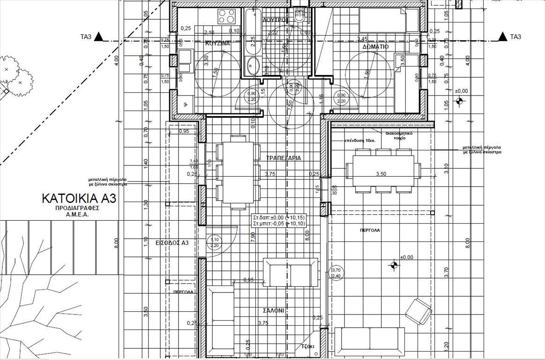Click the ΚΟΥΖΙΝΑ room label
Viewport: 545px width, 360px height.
[218, 43]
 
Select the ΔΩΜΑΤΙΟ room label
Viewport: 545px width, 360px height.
[375, 47]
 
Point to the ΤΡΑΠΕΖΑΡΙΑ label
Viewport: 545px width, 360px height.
[284, 158]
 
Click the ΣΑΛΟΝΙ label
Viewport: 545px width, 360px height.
[273, 310]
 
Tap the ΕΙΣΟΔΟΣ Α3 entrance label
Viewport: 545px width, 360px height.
[172, 243]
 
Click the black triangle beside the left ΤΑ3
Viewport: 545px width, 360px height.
[99, 37]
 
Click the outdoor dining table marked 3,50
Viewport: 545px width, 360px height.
[380, 171]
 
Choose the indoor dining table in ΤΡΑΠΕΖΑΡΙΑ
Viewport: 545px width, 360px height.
[238, 172]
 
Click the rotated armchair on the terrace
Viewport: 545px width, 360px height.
[418, 311]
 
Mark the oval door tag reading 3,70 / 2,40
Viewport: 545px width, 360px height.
[336, 273]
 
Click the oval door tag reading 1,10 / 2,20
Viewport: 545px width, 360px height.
[215, 242]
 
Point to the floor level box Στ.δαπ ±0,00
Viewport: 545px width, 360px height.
[279, 221]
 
